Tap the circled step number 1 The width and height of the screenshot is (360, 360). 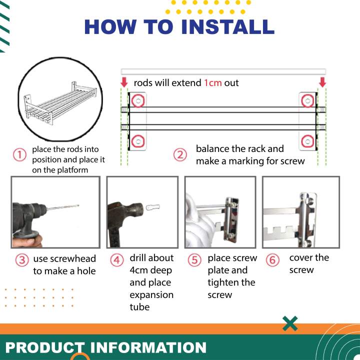point(19,154)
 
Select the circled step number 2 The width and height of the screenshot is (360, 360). point(180,154)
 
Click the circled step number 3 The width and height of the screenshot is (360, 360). point(22,260)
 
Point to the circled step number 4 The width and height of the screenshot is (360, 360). point(117,260)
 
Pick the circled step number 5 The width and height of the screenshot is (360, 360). point(194,260)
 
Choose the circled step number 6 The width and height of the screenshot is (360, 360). point(272,260)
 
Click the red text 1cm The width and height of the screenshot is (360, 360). point(213,82)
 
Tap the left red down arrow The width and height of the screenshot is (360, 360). point(124,82)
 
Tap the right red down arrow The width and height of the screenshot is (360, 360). point(322,82)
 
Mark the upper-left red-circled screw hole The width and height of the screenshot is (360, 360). point(138,100)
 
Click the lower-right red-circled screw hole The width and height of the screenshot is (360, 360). point(307,141)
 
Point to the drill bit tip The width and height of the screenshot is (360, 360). point(78,205)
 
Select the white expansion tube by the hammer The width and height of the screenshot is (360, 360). point(153,207)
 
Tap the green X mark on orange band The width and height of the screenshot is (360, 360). point(290,323)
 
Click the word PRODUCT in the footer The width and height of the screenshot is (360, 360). point(45,347)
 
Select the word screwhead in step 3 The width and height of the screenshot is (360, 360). point(64,259)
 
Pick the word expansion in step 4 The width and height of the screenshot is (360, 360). point(151,295)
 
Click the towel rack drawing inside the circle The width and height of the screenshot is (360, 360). point(60,103)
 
